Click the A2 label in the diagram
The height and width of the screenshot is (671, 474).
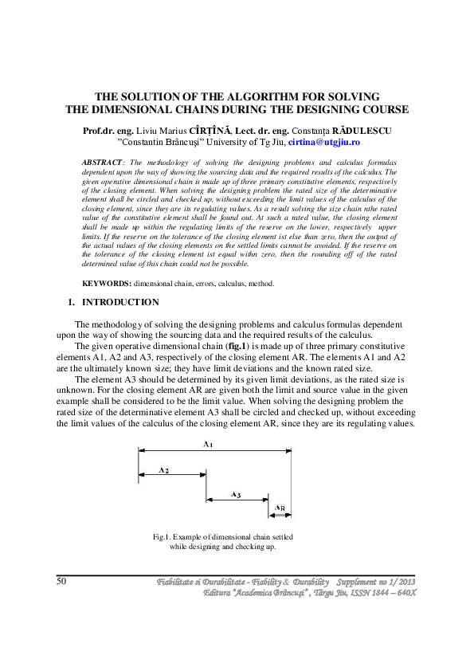(x=163, y=470)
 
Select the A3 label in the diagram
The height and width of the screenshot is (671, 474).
(x=236, y=495)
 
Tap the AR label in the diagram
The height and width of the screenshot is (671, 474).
(x=280, y=508)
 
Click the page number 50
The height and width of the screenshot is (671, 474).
(x=61, y=581)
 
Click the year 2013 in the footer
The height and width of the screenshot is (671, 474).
(x=405, y=581)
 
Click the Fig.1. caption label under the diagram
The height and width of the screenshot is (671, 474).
(x=162, y=537)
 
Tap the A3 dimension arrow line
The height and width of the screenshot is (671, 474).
(x=237, y=500)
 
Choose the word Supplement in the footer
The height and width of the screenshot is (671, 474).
(x=355, y=581)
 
